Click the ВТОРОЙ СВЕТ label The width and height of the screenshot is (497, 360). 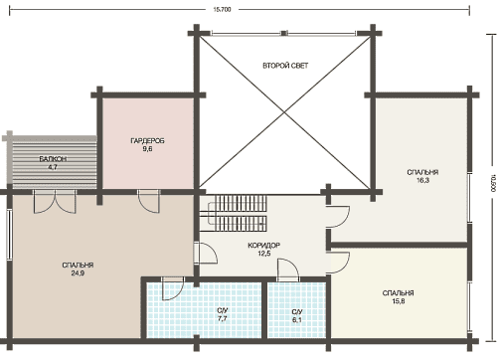pyautogui.click(x=285, y=66)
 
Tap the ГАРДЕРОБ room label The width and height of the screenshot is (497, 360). pyautogui.click(x=147, y=141)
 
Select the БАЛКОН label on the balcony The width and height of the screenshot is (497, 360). pyautogui.click(x=53, y=159)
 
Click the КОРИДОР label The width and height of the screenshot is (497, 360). pyautogui.click(x=263, y=246)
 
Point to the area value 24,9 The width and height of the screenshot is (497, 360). pyautogui.click(x=78, y=273)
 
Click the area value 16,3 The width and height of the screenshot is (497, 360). pyautogui.click(x=422, y=180)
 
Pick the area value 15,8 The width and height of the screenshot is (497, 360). pyautogui.click(x=399, y=301)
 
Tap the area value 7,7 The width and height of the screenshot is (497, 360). pyautogui.click(x=223, y=319)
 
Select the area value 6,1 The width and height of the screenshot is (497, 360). pyautogui.click(x=297, y=320)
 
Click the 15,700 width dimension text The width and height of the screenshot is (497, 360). pyautogui.click(x=222, y=10)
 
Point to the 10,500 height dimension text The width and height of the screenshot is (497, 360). pyautogui.click(x=493, y=183)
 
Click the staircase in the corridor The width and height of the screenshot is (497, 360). pyautogui.click(x=238, y=214)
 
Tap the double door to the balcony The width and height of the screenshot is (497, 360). pyautogui.click(x=55, y=202)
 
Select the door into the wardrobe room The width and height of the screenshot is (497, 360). pyautogui.click(x=149, y=202)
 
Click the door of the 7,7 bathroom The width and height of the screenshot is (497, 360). pyautogui.click(x=173, y=288)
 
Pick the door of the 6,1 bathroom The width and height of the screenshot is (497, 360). pyautogui.click(x=288, y=270)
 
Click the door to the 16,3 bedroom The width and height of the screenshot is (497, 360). pyautogui.click(x=338, y=217)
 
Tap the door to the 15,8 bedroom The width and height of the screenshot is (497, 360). pyautogui.click(x=338, y=263)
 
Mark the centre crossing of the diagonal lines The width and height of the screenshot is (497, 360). pyautogui.click(x=284, y=112)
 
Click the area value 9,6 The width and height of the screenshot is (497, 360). pyautogui.click(x=147, y=149)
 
